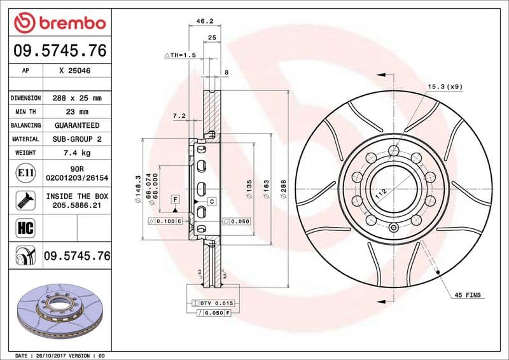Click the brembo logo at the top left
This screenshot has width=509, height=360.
59,23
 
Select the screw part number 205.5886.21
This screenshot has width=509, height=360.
76,206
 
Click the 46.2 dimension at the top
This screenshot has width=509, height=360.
204,21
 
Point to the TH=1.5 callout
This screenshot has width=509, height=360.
180,56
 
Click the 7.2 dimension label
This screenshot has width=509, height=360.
179,116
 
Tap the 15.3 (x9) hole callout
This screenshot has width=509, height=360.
444,86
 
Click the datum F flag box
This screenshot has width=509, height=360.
174,200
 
